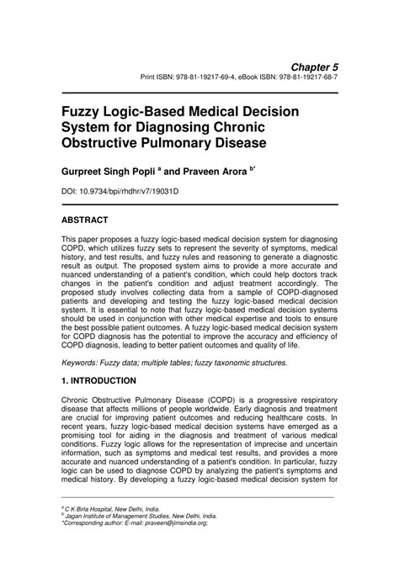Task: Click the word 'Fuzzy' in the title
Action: (x=81, y=112)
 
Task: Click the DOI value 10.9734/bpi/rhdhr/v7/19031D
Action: (x=125, y=193)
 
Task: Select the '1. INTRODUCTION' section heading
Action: (x=98, y=381)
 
